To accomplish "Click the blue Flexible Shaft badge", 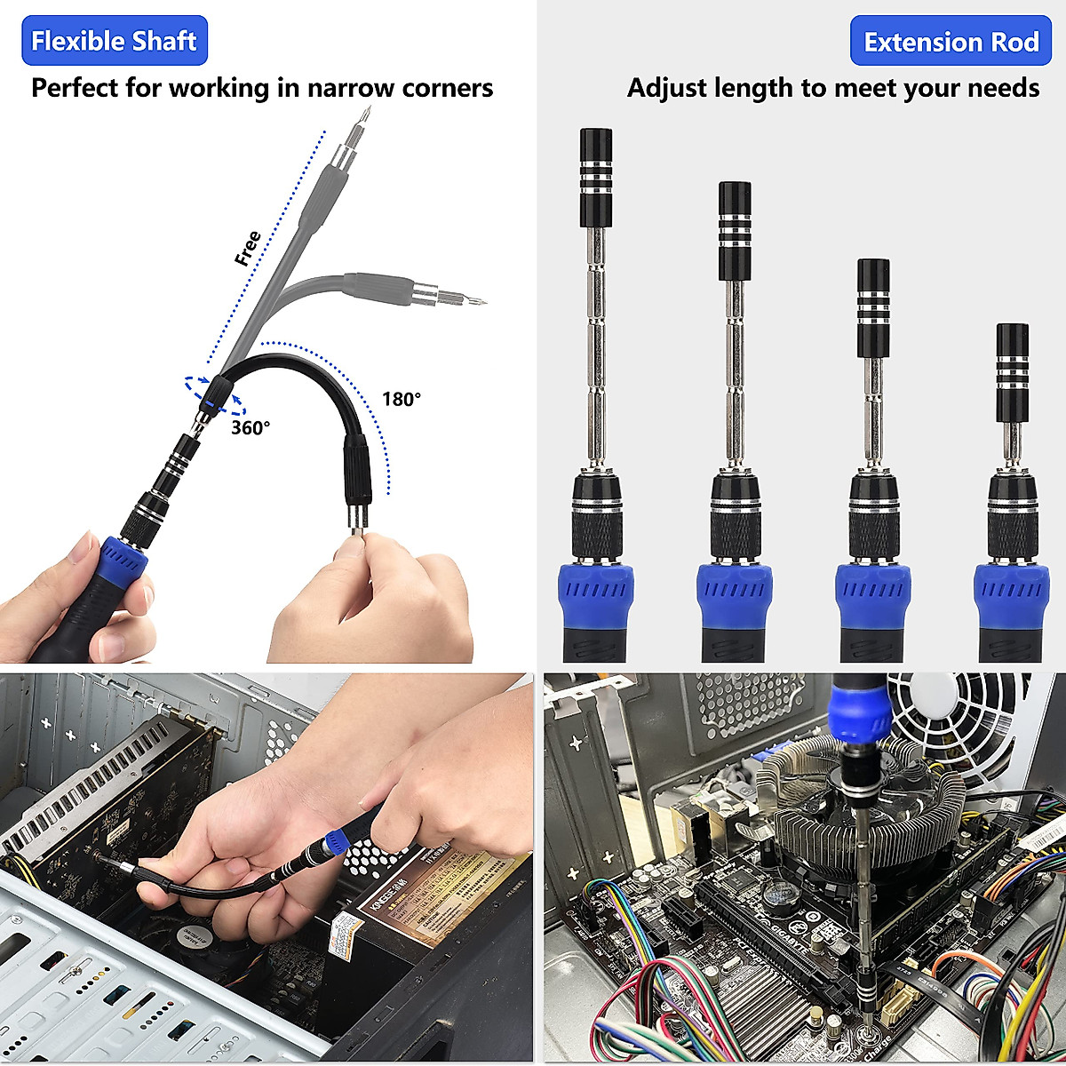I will (114, 41).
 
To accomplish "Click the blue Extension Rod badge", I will (951, 42).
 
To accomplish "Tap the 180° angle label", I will (402, 399).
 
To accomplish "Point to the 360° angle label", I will (251, 427).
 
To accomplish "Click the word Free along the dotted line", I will (248, 249).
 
